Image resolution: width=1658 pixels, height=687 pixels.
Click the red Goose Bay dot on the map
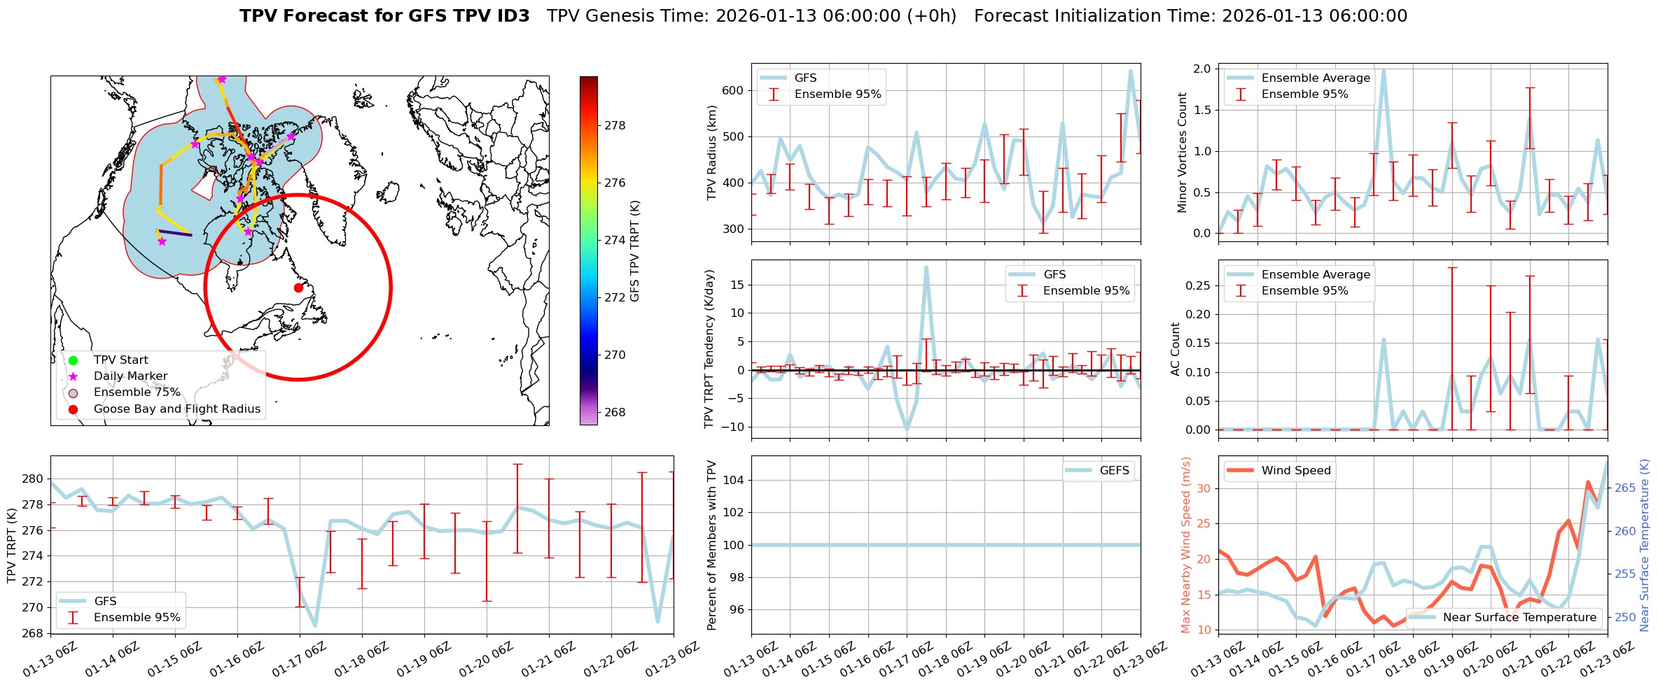298,288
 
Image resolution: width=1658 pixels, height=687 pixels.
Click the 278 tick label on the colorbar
615,125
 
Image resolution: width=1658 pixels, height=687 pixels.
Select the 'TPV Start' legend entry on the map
120,360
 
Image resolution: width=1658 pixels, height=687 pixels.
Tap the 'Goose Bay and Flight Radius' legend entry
176,409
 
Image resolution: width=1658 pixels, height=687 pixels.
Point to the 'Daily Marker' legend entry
130,376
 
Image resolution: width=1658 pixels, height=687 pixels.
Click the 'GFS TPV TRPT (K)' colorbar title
635,251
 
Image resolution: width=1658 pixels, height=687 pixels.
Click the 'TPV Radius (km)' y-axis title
712,153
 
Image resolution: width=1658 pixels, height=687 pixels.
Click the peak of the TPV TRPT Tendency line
926,267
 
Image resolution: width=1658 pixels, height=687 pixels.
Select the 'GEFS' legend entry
1114,471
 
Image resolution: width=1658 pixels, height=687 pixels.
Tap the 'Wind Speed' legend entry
1295,471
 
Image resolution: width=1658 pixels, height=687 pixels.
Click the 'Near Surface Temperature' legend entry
1519,618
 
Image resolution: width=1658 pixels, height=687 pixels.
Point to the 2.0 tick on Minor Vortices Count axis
1202,69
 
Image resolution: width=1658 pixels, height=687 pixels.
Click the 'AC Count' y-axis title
1176,349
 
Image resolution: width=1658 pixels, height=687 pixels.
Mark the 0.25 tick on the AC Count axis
1196,285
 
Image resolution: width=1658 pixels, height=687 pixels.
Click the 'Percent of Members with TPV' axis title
712,545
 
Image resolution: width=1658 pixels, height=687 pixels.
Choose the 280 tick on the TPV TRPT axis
32,479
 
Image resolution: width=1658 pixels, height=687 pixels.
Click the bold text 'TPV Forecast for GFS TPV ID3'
384,16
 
